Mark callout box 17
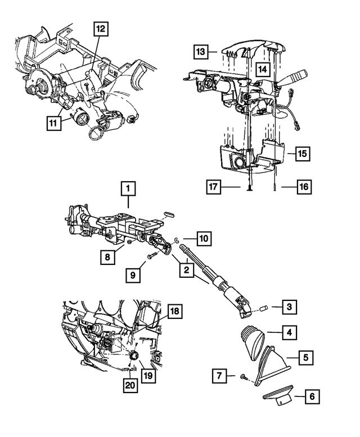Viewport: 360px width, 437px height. (211, 186)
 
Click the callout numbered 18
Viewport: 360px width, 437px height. (174, 310)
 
